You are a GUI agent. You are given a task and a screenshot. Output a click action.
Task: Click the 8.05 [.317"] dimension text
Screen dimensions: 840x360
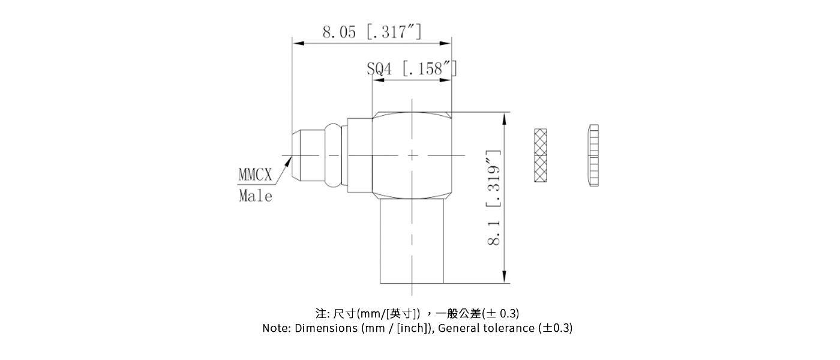pyautogui.click(x=372, y=32)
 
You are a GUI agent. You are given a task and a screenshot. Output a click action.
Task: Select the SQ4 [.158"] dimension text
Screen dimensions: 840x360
pyautogui.click(x=412, y=68)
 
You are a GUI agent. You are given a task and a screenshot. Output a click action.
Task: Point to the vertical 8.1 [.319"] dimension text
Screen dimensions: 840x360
pyautogui.click(x=494, y=197)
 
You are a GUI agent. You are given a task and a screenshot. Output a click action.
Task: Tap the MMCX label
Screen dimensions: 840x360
pyautogui.click(x=256, y=175)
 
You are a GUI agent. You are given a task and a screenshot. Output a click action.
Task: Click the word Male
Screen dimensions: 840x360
pyautogui.click(x=256, y=196)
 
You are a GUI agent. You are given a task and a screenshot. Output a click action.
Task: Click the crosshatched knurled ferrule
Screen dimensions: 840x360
pyautogui.click(x=541, y=155)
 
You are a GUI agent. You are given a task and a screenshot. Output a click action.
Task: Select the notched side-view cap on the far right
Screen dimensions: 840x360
pyautogui.click(x=593, y=155)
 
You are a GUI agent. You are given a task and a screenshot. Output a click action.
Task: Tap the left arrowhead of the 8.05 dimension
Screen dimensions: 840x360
pyautogui.click(x=298, y=43)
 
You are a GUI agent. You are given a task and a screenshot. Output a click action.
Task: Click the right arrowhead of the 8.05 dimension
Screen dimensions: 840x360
pyautogui.click(x=445, y=43)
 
